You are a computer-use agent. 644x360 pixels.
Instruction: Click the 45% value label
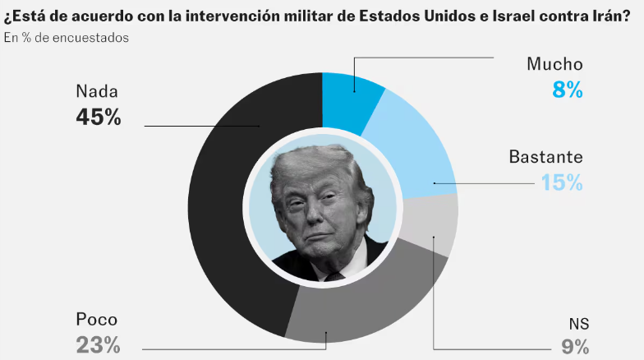(x=99, y=118)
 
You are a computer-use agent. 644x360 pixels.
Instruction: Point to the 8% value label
(x=568, y=90)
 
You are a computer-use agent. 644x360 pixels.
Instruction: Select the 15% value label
(x=562, y=182)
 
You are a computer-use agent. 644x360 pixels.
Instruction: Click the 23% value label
(x=99, y=345)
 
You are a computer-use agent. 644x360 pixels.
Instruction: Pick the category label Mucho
(x=555, y=64)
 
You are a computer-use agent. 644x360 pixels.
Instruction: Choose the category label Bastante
(x=545, y=156)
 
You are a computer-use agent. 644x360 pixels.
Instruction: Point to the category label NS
(x=579, y=322)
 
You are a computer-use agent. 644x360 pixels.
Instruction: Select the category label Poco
(x=97, y=320)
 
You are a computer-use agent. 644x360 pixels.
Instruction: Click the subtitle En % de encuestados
(x=66, y=38)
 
